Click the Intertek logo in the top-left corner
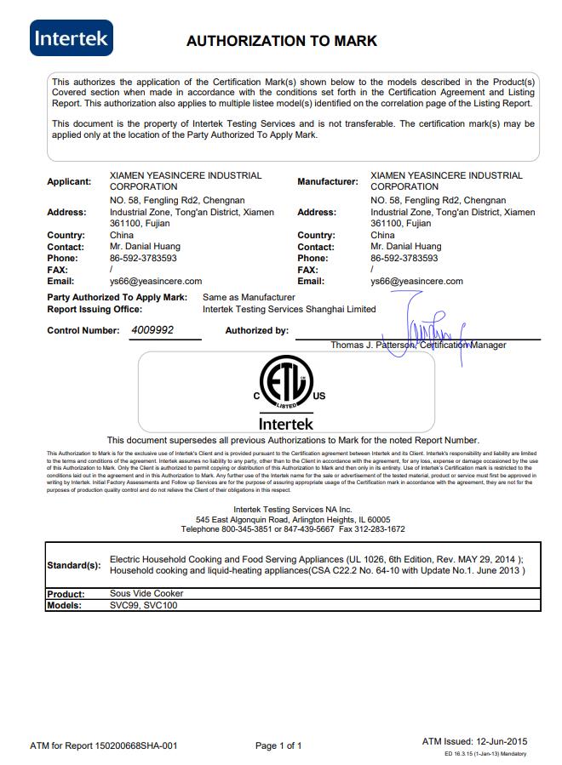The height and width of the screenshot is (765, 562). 72,38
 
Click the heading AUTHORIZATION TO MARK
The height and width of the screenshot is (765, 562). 281,41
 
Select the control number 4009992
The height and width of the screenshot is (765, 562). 152,329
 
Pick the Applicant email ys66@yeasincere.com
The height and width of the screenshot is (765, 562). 156,281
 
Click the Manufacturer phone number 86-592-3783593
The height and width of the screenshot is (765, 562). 404,258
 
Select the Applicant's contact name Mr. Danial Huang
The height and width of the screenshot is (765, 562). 145,247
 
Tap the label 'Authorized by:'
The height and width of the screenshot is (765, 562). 256,330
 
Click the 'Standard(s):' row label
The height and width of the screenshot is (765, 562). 73,565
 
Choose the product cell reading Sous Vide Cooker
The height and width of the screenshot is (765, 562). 146,593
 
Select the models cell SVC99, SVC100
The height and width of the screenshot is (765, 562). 144,605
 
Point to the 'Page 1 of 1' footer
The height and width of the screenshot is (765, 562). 278,745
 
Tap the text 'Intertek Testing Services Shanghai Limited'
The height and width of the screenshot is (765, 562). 289,309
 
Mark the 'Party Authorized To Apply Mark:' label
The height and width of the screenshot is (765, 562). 118,298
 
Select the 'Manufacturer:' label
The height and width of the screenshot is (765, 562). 327,181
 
